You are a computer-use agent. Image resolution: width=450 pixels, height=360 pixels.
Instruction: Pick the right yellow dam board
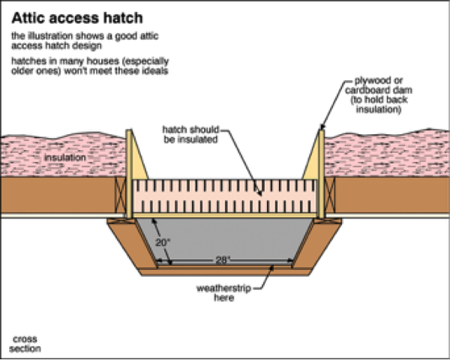319,176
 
